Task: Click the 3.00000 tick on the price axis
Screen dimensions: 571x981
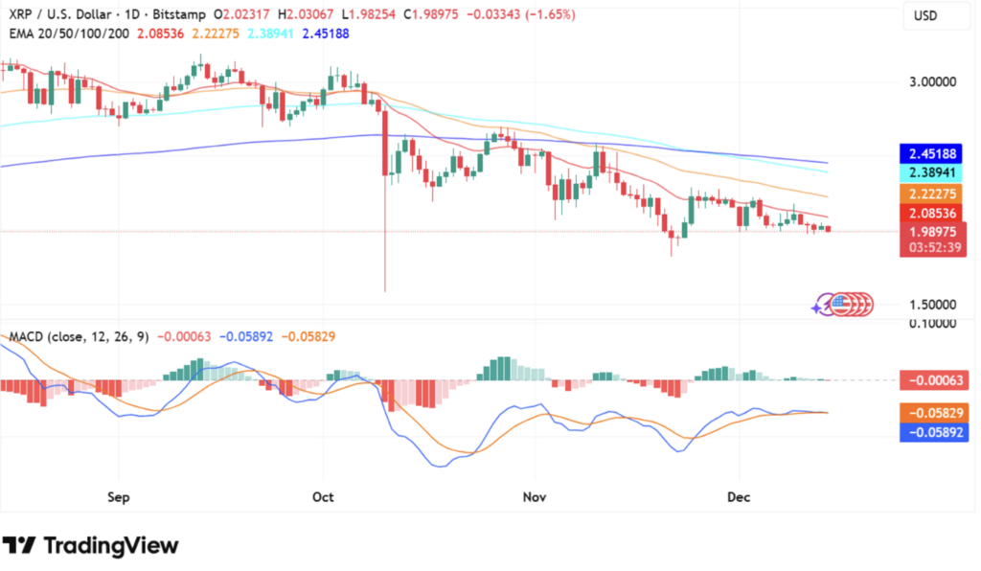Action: click(932, 82)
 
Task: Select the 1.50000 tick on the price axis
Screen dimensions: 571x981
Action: click(932, 305)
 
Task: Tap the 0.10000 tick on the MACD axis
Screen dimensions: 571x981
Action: click(932, 324)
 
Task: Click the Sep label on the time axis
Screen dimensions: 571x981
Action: click(119, 497)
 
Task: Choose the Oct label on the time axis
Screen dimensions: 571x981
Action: click(323, 497)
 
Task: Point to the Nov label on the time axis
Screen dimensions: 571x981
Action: click(535, 497)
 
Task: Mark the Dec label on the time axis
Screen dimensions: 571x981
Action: click(739, 497)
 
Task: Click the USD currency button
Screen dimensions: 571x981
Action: click(925, 16)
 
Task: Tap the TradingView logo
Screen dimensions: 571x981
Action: click(90, 545)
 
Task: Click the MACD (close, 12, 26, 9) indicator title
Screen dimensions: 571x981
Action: click(79, 336)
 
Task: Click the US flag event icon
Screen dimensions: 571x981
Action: click(840, 305)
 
